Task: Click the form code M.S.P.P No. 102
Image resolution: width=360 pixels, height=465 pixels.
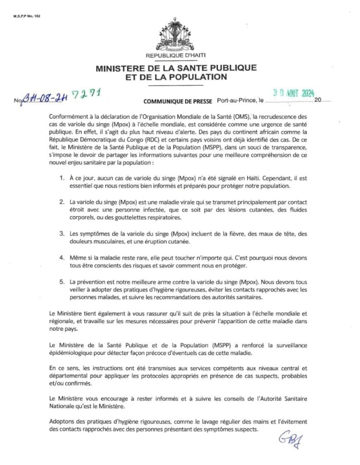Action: click(x=20, y=9)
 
